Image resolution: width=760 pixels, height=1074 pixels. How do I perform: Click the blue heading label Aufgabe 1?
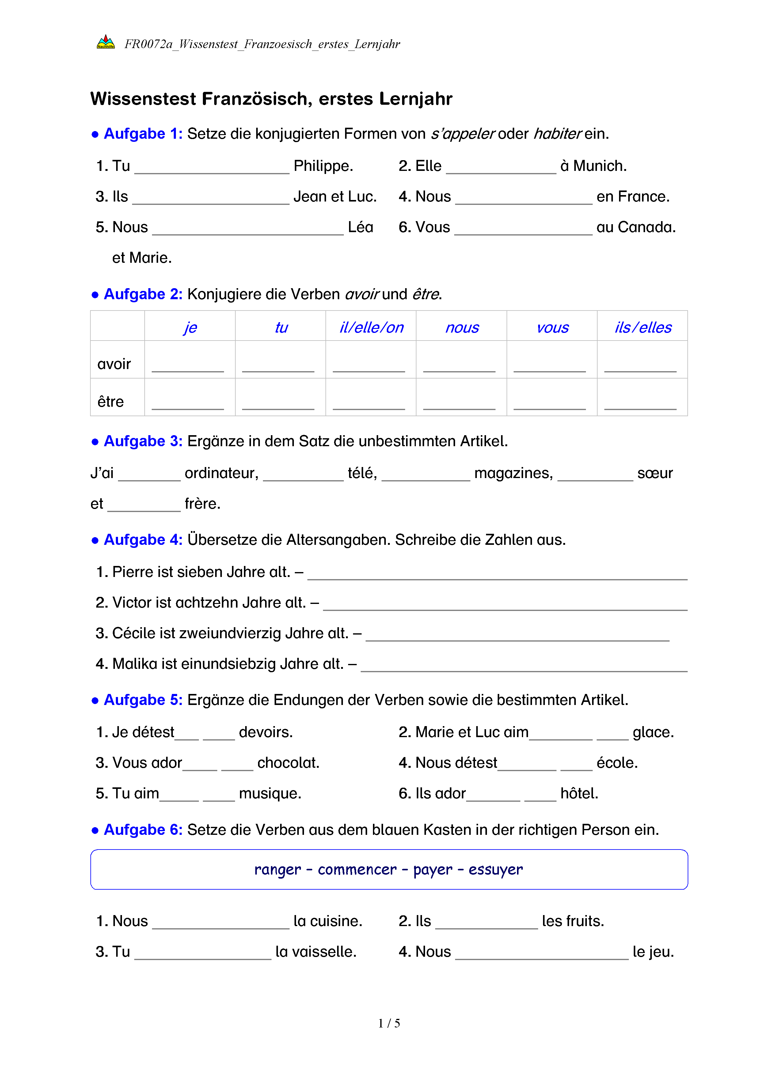click(x=143, y=134)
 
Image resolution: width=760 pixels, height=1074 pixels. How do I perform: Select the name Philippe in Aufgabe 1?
click(x=323, y=166)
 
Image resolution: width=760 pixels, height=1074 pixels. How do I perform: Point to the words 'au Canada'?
click(x=636, y=227)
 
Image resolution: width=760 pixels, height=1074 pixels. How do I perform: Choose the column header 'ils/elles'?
click(x=643, y=327)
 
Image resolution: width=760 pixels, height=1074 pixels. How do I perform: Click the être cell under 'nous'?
click(x=459, y=402)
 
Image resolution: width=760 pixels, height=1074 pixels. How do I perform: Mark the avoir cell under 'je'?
click(x=188, y=365)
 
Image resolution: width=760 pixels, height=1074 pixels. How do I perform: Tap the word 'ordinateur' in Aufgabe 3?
click(x=221, y=473)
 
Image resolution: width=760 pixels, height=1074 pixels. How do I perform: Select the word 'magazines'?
click(x=513, y=473)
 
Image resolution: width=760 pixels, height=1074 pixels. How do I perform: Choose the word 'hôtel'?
click(x=579, y=793)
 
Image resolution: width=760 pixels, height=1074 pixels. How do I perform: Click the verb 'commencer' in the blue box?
click(x=357, y=870)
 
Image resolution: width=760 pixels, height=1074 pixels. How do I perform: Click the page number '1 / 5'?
click(x=389, y=1023)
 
